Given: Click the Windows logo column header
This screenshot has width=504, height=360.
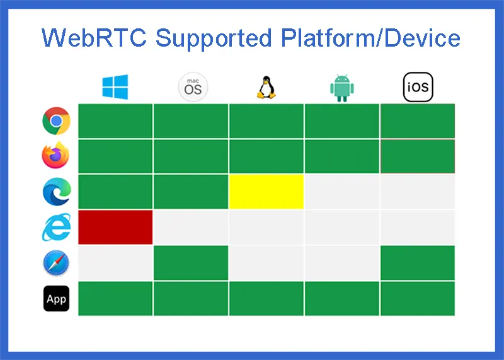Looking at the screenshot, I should click(115, 87).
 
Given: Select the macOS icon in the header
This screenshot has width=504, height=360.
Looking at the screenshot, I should click(193, 87).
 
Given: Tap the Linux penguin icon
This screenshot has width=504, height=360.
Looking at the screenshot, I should click(266, 88).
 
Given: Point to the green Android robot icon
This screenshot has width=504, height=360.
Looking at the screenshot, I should click(342, 88).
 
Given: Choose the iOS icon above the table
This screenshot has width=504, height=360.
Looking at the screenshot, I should click(418, 88).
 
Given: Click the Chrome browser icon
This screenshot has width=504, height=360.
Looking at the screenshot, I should click(56, 121).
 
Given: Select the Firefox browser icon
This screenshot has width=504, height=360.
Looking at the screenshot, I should click(56, 156).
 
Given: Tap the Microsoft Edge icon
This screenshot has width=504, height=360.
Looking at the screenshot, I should click(56, 192).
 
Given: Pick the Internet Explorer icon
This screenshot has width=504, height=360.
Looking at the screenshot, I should click(56, 227).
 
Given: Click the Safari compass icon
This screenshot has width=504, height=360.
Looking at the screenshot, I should click(56, 263).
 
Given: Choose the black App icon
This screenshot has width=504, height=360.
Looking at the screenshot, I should click(56, 299).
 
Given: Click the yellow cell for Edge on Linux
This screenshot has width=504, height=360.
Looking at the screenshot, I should click(266, 192).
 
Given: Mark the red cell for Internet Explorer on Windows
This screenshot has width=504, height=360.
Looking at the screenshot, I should click(115, 227).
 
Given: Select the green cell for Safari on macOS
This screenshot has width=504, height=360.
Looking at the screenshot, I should click(191, 263).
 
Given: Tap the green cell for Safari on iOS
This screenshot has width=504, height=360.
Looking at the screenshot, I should click(417, 263).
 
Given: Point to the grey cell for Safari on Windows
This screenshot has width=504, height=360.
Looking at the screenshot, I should click(115, 263).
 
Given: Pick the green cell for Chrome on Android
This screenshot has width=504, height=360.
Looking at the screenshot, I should click(342, 121).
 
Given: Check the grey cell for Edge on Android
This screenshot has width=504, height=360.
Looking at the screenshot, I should click(342, 192).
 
